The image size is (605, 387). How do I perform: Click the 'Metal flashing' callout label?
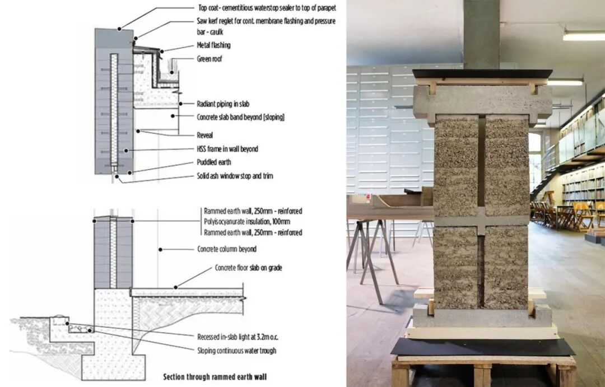point(213,45)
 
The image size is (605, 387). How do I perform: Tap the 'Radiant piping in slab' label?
point(227,104)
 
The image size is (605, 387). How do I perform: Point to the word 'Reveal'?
point(205,135)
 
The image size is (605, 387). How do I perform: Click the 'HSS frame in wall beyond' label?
point(227,149)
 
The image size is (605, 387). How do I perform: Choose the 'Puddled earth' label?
point(213,162)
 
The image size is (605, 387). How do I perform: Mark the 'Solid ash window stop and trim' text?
point(235,176)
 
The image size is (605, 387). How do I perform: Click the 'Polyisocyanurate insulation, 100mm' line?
point(248,222)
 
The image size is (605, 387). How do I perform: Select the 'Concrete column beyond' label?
point(227,249)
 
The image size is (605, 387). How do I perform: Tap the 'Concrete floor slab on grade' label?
point(248,268)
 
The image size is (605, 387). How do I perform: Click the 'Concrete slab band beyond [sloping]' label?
point(241,117)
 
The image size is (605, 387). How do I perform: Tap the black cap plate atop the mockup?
point(482,73)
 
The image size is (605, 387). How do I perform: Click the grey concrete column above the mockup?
point(481,34)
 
